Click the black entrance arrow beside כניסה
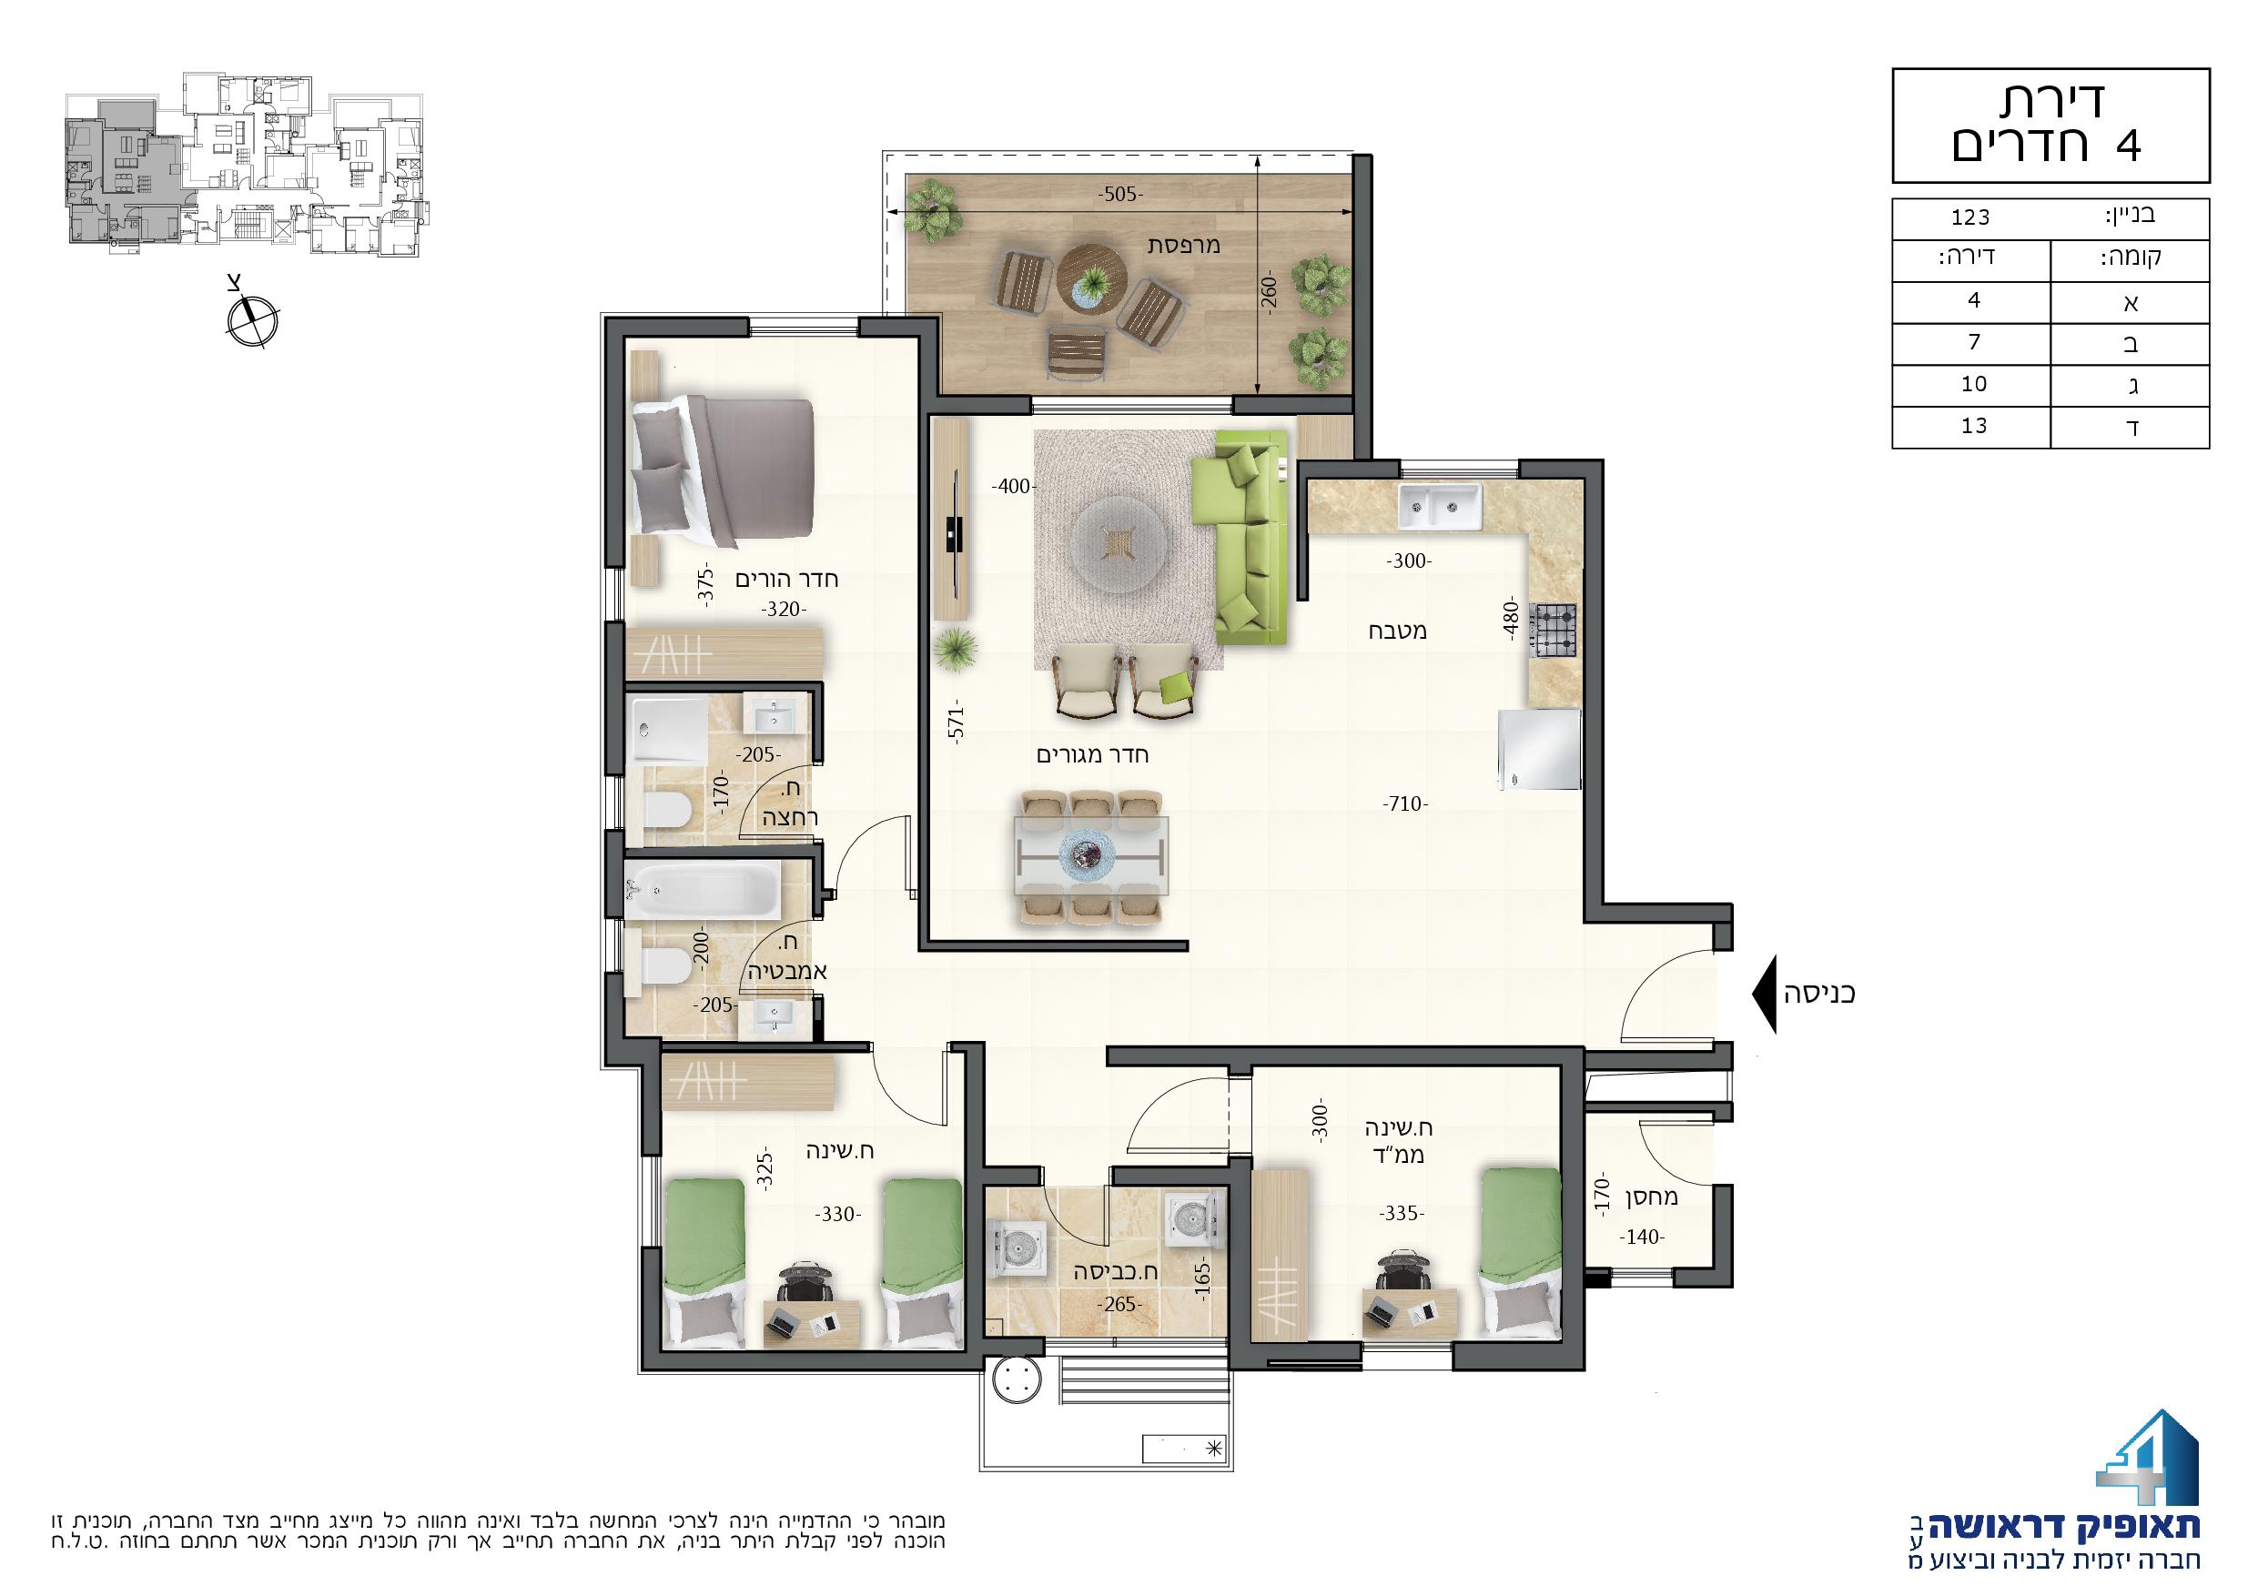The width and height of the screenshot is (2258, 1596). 1765,995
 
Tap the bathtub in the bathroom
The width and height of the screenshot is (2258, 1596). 704,891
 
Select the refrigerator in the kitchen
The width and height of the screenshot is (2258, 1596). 1539,750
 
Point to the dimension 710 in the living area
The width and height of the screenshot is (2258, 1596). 1404,803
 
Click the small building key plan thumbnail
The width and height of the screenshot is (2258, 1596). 247,166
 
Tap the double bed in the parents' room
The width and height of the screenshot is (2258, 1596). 722,472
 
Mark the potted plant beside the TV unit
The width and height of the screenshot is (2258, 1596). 956,650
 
